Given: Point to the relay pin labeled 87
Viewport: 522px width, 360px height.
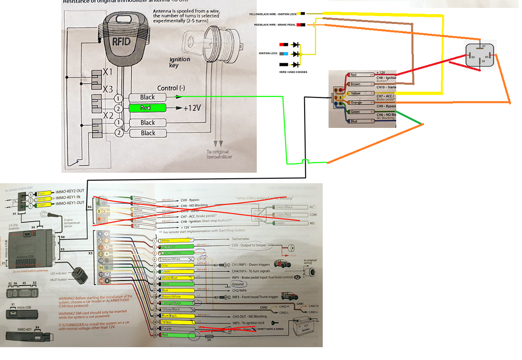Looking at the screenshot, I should coord(483,46).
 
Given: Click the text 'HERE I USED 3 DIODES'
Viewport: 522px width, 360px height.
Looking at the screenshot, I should coord(293,72).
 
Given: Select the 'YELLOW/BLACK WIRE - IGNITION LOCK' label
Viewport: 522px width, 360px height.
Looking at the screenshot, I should coord(276,14).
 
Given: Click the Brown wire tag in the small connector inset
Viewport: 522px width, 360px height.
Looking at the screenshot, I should coord(356,84).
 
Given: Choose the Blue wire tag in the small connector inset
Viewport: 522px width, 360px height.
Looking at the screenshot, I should coord(354,121).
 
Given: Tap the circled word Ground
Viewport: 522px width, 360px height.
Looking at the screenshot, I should coord(238,284).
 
